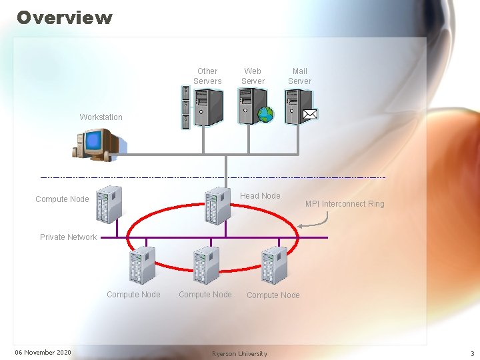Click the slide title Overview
click(65, 17)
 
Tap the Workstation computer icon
click(97, 144)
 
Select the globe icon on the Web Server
click(265, 114)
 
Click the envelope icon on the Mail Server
click(310, 114)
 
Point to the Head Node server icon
click(217, 205)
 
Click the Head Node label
click(260, 196)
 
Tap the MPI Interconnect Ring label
click(345, 204)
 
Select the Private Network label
click(68, 237)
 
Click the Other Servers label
click(207, 76)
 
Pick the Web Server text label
click(253, 76)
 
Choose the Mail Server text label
click(299, 76)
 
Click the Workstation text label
click(101, 117)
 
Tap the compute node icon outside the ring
click(109, 204)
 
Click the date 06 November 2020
click(43, 353)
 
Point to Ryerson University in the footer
click(239, 353)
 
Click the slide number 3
click(472, 353)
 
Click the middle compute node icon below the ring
click(206, 265)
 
